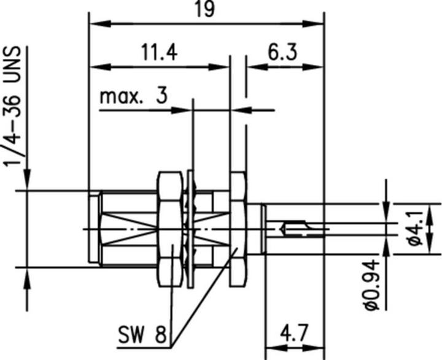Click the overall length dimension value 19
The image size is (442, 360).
coord(206,11)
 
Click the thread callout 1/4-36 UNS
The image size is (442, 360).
coord(12,105)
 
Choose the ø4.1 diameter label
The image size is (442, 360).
coord(415,228)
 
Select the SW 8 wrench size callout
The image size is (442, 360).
coord(142,334)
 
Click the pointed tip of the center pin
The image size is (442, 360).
coord(282,230)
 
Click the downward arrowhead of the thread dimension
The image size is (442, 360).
coord(26,184)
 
